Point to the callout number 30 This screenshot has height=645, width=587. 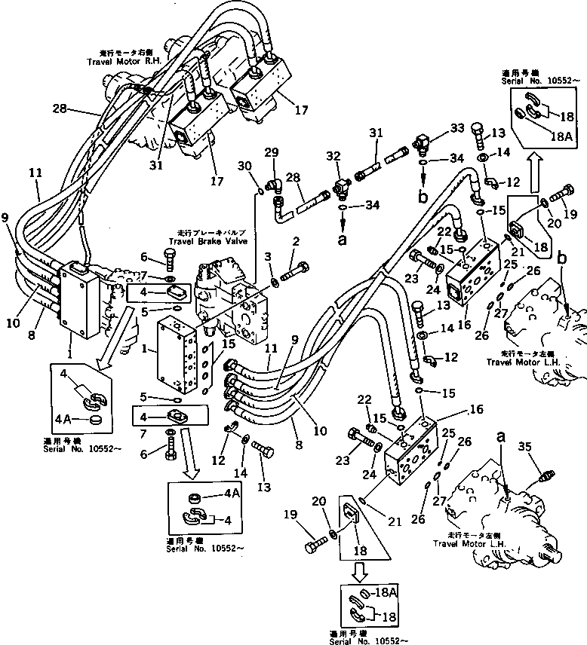242,167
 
